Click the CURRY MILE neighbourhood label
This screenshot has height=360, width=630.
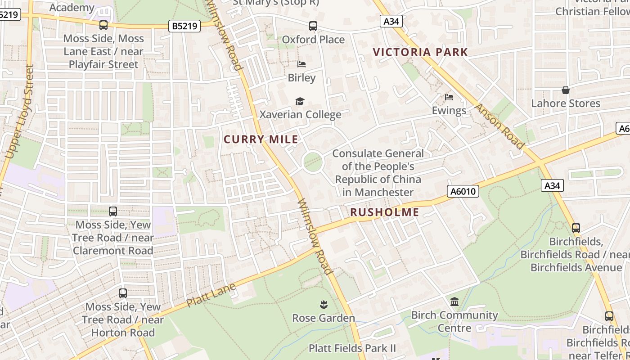tap(261, 139)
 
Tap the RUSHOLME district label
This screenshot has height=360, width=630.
tap(384, 212)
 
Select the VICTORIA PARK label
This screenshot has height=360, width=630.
tap(421, 52)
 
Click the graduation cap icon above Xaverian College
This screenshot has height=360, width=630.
tap(300, 102)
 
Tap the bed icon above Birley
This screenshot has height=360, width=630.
tap(301, 64)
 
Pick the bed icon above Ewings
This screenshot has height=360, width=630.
tap(449, 97)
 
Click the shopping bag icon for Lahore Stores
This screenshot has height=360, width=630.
tap(566, 90)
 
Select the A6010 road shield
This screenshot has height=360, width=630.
tap(463, 192)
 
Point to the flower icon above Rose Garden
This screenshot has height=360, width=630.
tap(323, 305)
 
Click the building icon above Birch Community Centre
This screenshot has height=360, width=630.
tap(454, 301)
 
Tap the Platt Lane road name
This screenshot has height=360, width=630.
tap(211, 295)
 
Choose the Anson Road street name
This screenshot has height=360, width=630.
tap(499, 126)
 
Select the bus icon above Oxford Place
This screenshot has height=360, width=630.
tap(313, 26)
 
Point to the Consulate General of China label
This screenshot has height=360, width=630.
tap(378, 173)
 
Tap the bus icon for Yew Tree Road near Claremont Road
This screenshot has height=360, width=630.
tap(113, 211)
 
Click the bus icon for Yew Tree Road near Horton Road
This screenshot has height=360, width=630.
tap(123, 293)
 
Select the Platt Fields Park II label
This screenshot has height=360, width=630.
tap(352, 348)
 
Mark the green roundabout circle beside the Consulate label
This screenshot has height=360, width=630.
tap(313, 162)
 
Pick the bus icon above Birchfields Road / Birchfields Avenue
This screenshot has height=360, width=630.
tap(576, 228)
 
